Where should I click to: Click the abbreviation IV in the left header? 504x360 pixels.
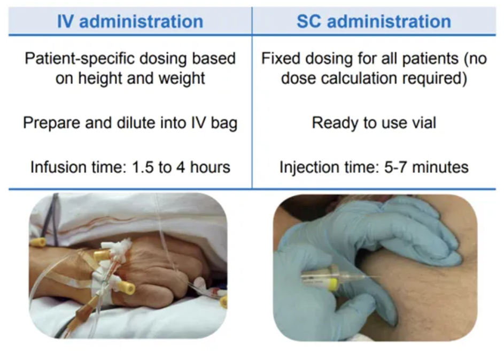tap(66, 21)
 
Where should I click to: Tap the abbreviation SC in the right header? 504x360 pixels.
tap(308, 21)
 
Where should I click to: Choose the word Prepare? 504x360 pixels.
tap(51, 123)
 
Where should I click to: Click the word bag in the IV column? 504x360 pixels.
tap(224, 124)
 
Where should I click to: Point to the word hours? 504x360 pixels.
tap(210, 167)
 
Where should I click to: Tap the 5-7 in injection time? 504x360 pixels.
tap(396, 167)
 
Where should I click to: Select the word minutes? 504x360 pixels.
tap(440, 167)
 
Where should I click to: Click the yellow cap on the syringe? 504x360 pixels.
tap(334, 284)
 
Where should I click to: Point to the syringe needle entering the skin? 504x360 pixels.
tap(367, 277)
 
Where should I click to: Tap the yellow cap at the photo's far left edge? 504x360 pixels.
tap(37, 242)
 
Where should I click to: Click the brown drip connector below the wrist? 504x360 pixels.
tap(84, 309)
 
